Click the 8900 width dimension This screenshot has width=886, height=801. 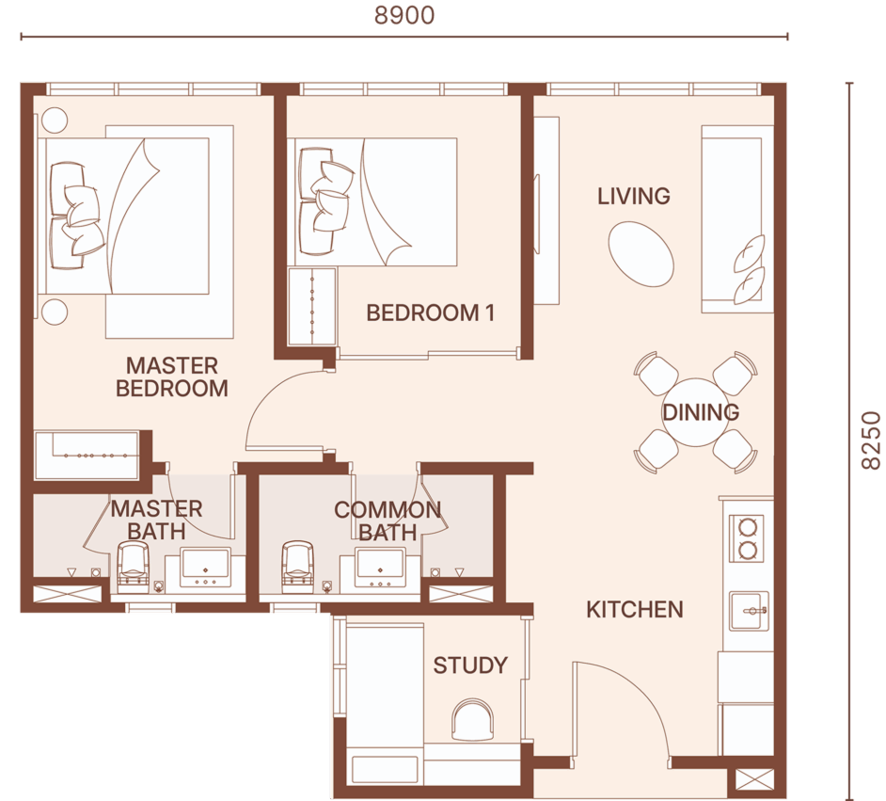point(404,15)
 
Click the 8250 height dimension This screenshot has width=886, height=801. point(871,441)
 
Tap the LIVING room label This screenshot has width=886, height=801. point(634,196)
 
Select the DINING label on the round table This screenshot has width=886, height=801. point(701,412)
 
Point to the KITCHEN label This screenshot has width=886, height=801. point(635,609)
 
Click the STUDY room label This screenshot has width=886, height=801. point(470,665)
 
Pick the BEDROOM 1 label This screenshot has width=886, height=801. point(431,312)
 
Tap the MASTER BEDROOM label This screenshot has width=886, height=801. point(172,377)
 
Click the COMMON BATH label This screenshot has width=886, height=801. point(388,521)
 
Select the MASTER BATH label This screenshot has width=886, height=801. point(156,521)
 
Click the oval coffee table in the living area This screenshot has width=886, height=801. point(641,254)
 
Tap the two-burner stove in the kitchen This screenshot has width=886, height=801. point(748,537)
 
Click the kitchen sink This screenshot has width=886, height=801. point(749,611)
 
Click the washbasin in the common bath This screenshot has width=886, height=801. point(379,567)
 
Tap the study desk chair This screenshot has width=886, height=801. point(472,720)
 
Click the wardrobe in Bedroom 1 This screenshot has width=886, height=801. point(312,307)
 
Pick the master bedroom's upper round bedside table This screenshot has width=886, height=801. point(55,120)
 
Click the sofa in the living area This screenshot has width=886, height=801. point(736,218)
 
